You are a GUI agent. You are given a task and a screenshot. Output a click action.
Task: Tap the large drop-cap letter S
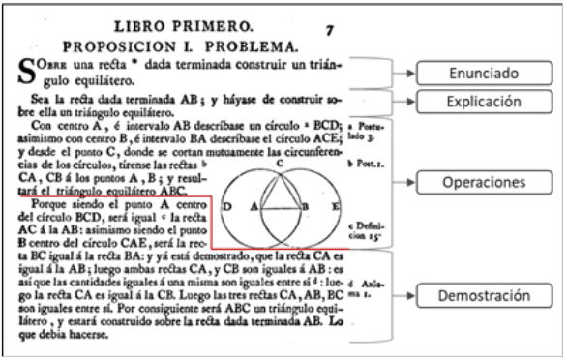(30, 71)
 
